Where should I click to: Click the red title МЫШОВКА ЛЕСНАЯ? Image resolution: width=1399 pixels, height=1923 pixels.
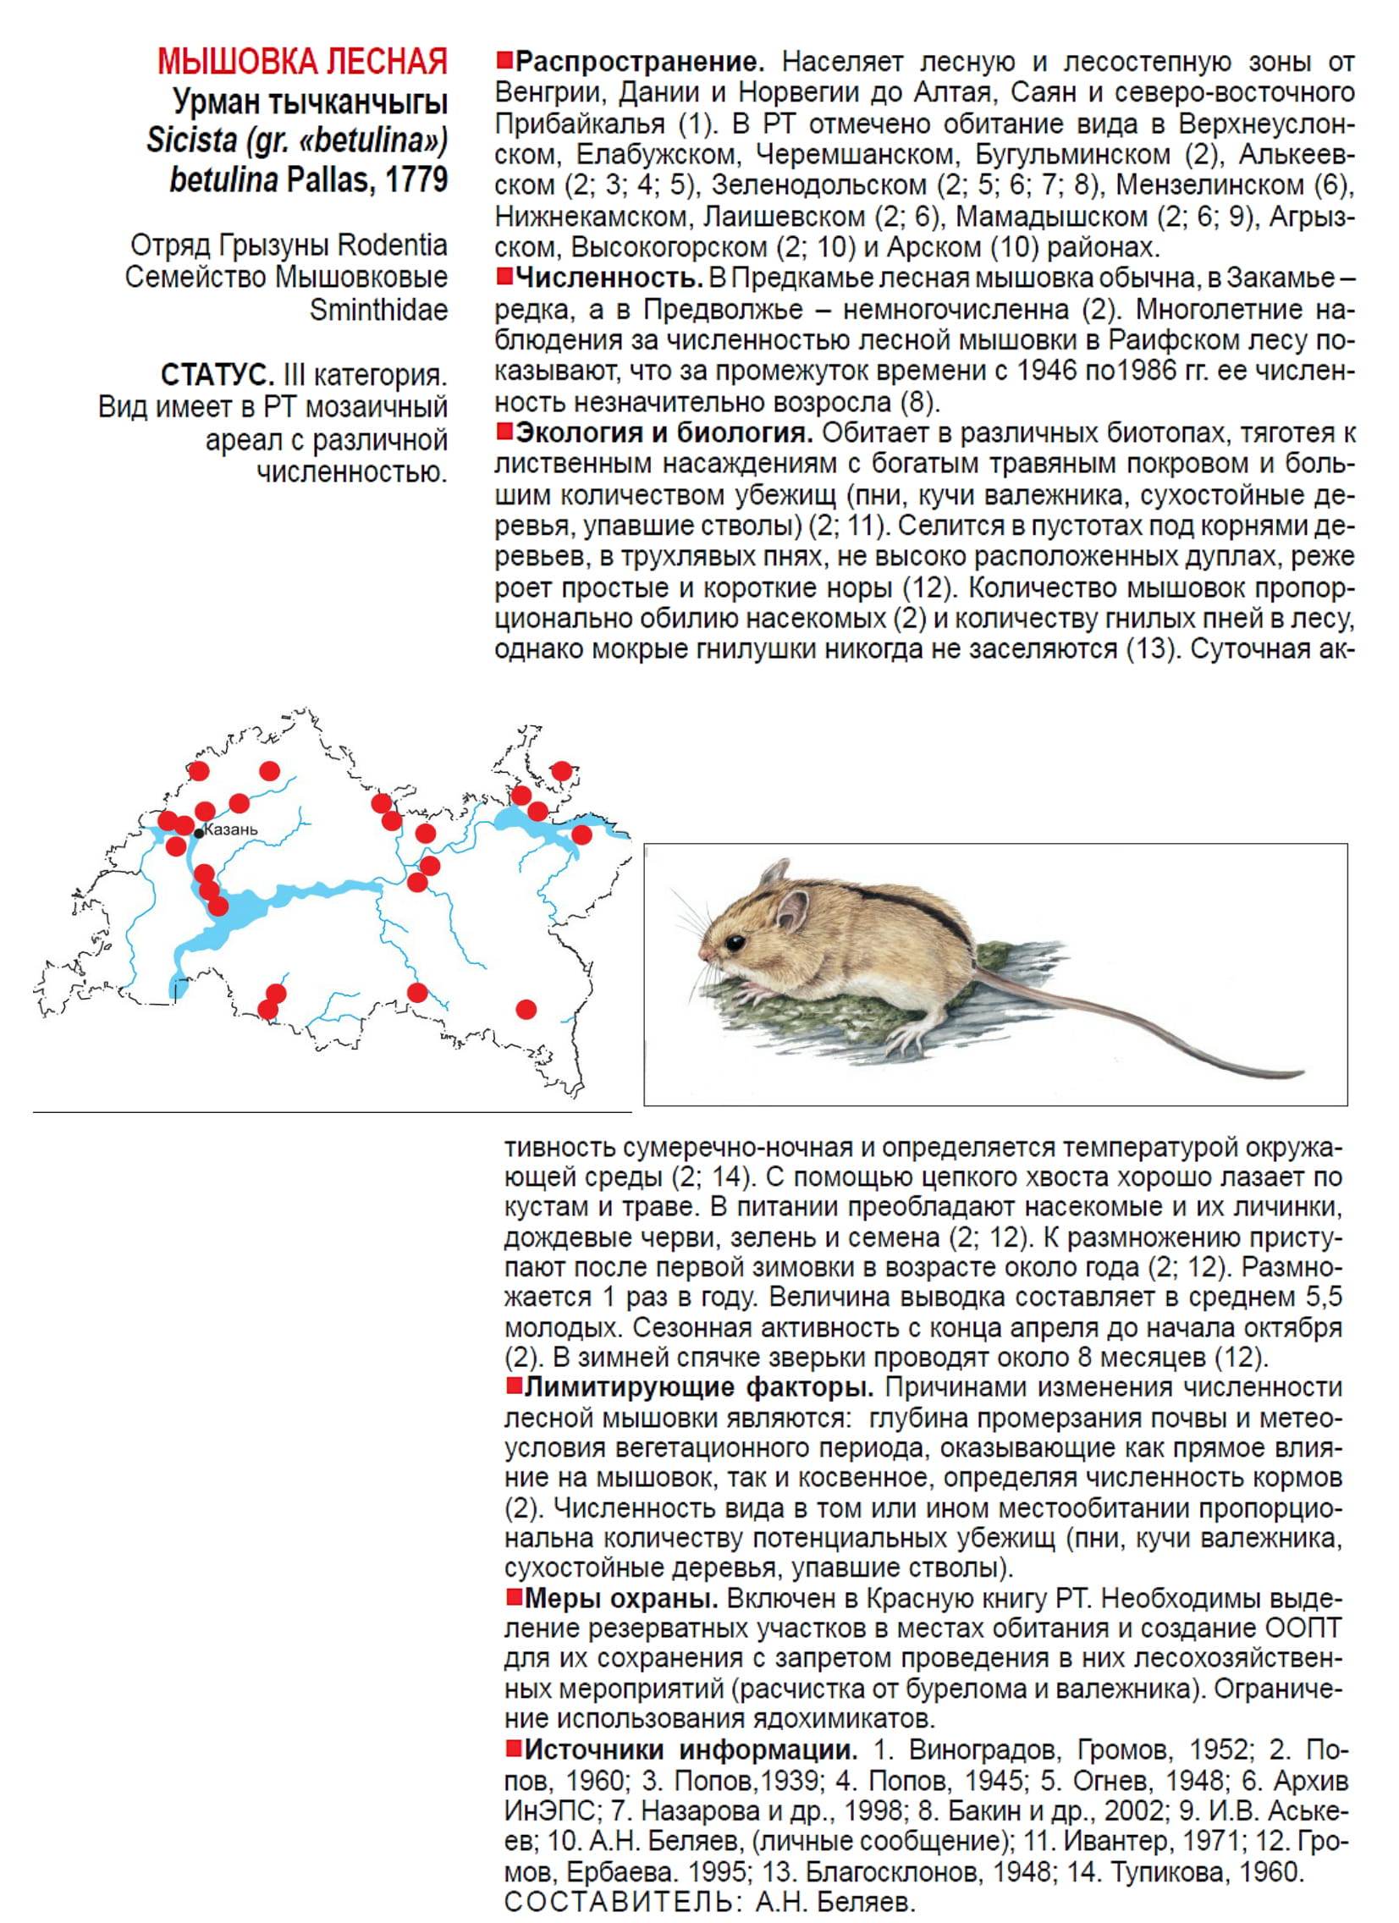(x=303, y=63)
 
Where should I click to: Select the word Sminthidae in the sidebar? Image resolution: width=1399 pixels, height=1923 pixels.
(x=378, y=311)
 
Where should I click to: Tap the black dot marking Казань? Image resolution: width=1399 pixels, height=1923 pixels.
(x=198, y=834)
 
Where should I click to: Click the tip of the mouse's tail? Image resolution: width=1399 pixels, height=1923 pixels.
(x=1303, y=1073)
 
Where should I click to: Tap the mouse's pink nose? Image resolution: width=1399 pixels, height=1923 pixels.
(x=705, y=955)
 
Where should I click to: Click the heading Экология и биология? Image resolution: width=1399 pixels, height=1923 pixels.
(x=664, y=434)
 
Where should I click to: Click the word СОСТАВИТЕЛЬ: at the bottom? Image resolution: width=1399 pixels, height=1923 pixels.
(x=621, y=1903)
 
